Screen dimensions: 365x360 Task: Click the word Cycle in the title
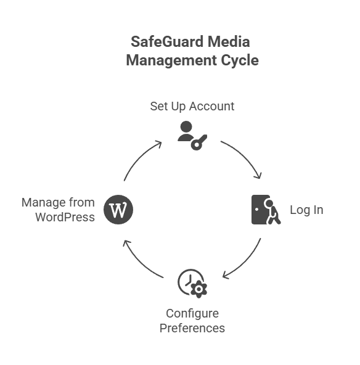[x=237, y=60]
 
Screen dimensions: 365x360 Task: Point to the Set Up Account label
[x=192, y=106]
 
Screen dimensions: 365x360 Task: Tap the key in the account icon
[x=198, y=142]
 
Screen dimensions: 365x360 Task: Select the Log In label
[x=306, y=210]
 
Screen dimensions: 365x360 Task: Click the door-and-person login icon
[x=266, y=210]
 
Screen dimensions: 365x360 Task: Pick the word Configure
[x=192, y=313]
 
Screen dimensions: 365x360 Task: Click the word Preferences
[x=192, y=327]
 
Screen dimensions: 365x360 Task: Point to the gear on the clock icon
[x=199, y=290]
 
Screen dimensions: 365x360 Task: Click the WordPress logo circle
[x=118, y=210]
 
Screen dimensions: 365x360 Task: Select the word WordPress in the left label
[x=65, y=216]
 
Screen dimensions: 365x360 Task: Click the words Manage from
[x=58, y=202]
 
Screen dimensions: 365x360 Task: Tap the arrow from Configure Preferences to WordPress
[x=140, y=261]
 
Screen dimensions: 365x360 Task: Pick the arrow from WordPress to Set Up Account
[x=140, y=158]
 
